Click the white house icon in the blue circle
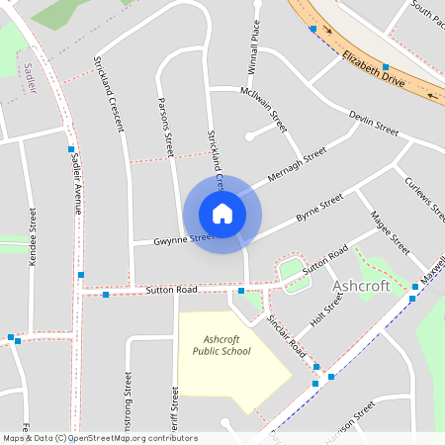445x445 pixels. point(222,213)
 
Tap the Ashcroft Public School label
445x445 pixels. point(222,345)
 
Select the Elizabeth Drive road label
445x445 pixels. point(362,68)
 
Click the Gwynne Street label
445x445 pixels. point(184,239)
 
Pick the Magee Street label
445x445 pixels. point(390,230)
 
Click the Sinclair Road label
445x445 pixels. point(288,338)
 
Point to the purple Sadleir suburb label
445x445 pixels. point(28,75)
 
